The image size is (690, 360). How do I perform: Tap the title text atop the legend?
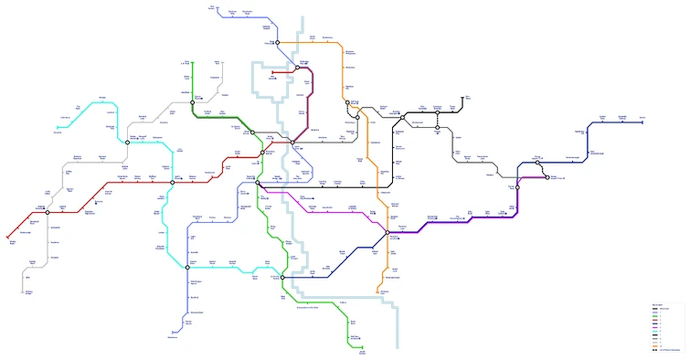coord(656,305)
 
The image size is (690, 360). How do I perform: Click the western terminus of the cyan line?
coord(57,127)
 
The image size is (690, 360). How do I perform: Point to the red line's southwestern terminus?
coord(8,239)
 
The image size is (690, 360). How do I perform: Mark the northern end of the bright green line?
coord(179,63)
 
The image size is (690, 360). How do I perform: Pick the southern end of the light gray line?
coord(24,293)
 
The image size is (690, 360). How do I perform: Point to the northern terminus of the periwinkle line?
coord(212,9)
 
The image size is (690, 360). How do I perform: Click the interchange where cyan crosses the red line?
coord(172,182)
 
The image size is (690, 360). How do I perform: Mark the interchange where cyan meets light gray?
coord(127,143)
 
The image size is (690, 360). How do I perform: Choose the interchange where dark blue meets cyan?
coord(282,277)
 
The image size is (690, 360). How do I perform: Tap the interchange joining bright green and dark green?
coord(192,103)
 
